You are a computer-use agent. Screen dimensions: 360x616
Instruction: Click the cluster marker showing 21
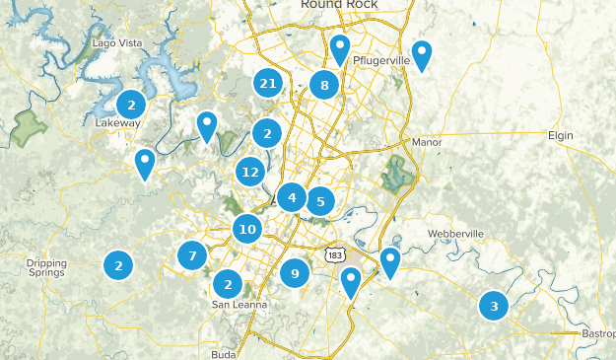pyautogui.click(x=267, y=84)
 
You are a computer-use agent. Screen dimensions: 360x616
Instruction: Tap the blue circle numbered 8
pyautogui.click(x=324, y=86)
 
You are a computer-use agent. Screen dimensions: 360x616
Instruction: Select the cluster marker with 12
pyautogui.click(x=250, y=173)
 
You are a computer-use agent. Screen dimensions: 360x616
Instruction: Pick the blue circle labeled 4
pyautogui.click(x=292, y=197)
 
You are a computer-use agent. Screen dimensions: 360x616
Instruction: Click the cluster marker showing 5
pyautogui.click(x=320, y=202)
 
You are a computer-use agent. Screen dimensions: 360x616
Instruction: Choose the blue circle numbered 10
pyautogui.click(x=247, y=230)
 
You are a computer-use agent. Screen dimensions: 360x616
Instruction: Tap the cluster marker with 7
pyautogui.click(x=193, y=256)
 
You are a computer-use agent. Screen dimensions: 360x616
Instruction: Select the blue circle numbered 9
pyautogui.click(x=295, y=273)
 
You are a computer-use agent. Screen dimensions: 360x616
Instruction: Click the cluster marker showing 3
pyautogui.click(x=494, y=305)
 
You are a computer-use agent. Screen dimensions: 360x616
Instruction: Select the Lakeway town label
pyautogui.click(x=118, y=123)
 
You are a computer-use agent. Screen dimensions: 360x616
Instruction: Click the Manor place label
pyautogui.click(x=428, y=142)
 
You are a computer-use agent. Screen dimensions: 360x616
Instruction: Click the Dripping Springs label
pyautogui.click(x=47, y=268)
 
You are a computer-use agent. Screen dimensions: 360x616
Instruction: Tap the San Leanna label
pyautogui.click(x=240, y=305)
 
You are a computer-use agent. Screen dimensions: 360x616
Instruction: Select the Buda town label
pyautogui.click(x=225, y=353)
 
